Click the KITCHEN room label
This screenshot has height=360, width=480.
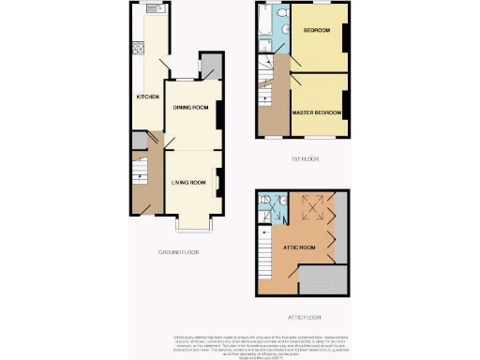point(146,97)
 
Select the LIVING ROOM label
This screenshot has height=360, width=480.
point(188,182)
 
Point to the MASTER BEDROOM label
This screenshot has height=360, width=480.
point(315,112)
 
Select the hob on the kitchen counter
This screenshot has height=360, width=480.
point(138,48)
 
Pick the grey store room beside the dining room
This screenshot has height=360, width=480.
point(211,66)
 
